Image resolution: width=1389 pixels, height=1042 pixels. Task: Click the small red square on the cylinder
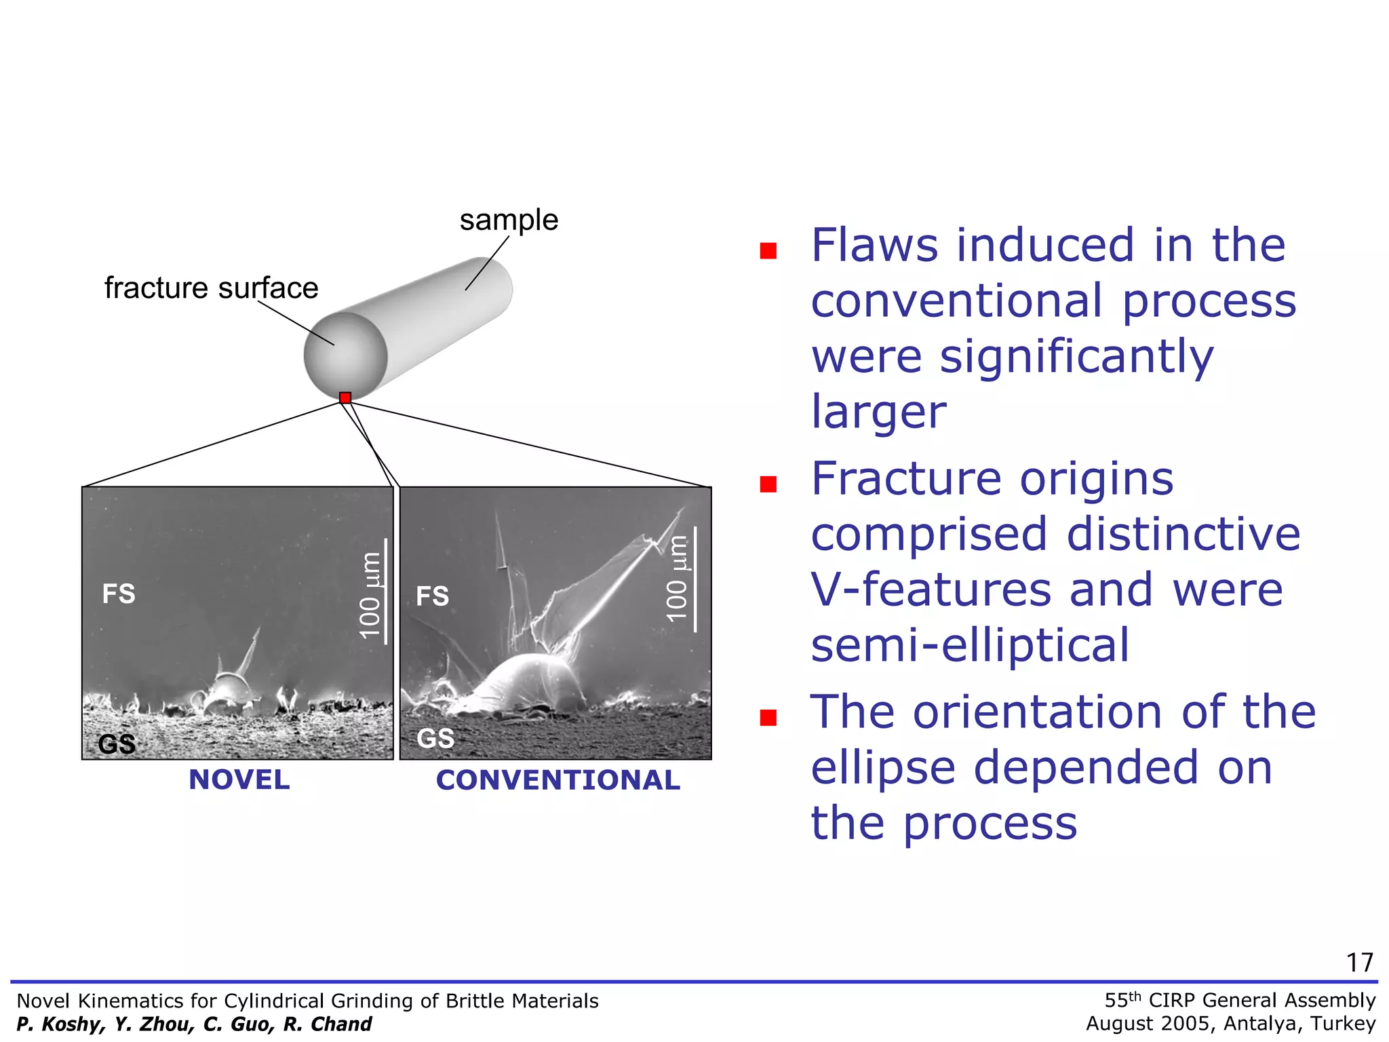[345, 398]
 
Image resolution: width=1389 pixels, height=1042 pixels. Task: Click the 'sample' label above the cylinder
[509, 220]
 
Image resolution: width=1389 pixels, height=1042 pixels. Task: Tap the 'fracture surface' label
[211, 288]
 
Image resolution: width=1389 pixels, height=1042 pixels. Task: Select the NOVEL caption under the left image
[239, 779]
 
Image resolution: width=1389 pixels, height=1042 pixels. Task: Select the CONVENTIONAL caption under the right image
[557, 780]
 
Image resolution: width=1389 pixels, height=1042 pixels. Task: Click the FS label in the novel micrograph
[119, 594]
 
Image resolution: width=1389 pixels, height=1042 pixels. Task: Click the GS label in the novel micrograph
[117, 744]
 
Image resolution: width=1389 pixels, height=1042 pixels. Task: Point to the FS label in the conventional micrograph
[433, 596]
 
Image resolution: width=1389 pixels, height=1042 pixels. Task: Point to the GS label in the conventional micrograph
[435, 738]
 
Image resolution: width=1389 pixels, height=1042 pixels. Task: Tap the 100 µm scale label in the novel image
[370, 595]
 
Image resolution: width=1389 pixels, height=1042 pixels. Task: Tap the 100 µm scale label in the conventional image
[677, 579]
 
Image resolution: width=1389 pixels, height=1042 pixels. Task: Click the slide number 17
[1359, 963]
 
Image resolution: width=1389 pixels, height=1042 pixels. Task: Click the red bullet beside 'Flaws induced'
[768, 251]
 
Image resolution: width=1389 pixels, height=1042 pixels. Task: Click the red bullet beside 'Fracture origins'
[768, 484]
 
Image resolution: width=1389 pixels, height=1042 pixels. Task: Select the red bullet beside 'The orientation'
[768, 718]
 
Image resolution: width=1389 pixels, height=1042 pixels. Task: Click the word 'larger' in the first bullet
[878, 411]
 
